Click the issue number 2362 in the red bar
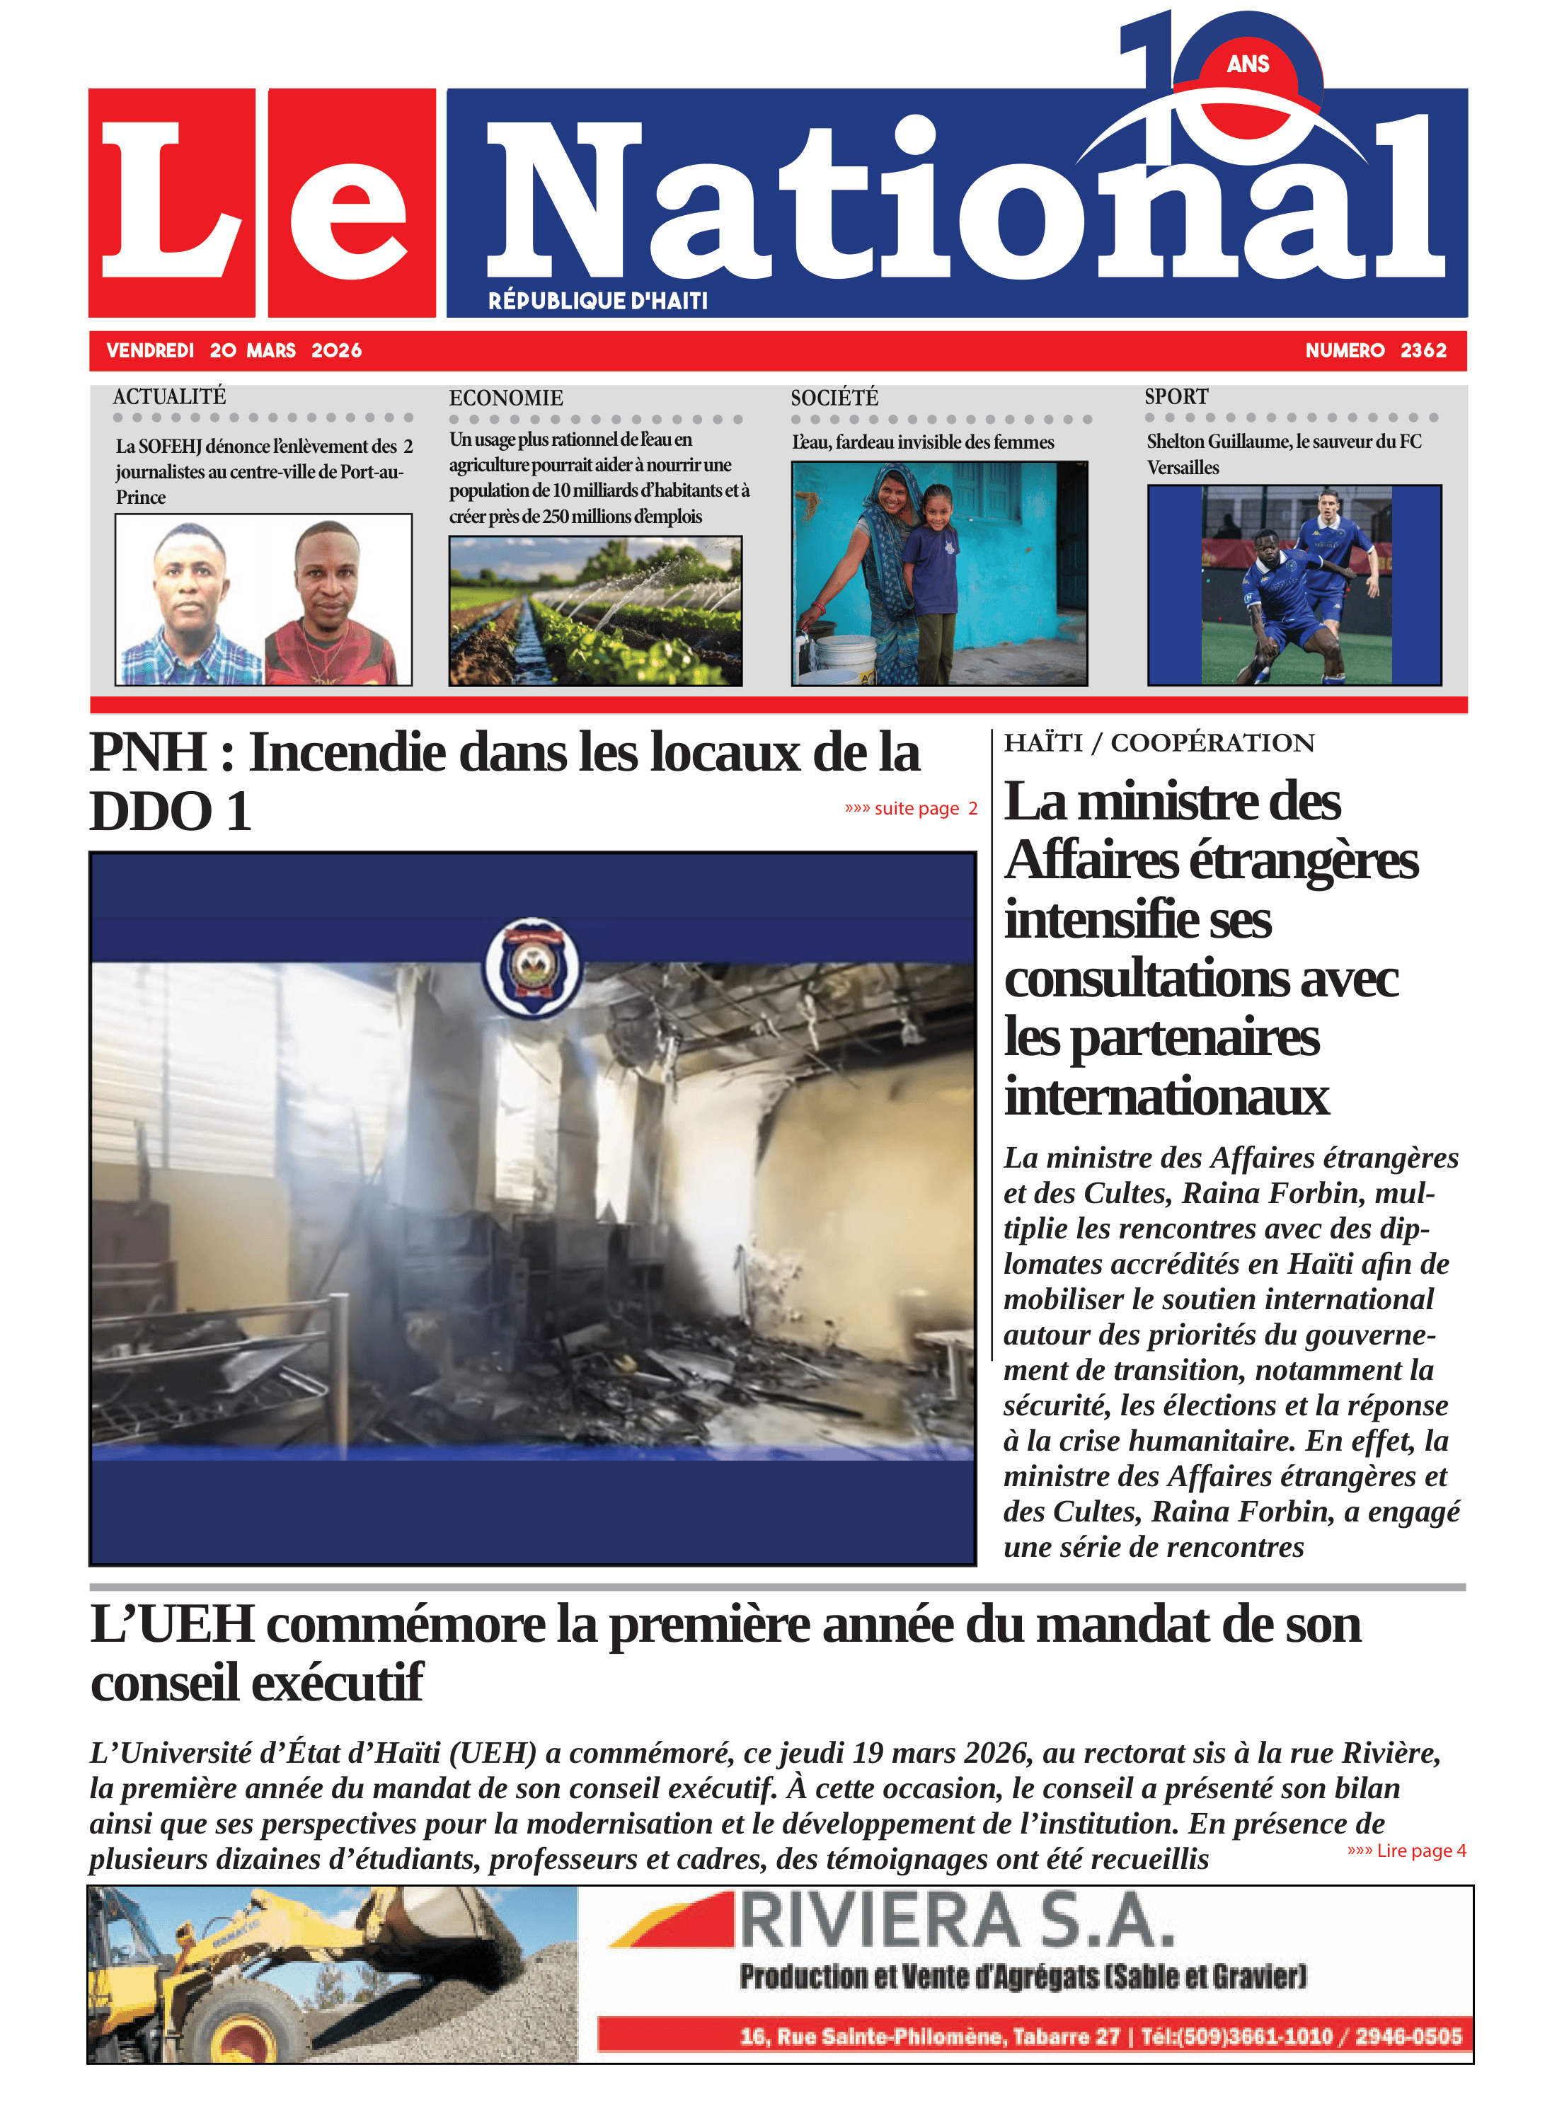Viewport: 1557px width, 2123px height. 1423,350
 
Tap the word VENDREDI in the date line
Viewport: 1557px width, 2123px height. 150,350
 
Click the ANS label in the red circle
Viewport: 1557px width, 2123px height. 1248,64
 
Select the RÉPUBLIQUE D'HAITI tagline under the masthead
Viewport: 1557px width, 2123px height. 597,301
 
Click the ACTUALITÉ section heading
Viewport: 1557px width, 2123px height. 170,397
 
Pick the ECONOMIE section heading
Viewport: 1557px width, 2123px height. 506,398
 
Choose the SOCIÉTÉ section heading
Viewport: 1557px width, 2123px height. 834,398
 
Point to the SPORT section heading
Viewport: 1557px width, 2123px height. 1176,397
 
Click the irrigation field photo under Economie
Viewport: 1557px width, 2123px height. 594,611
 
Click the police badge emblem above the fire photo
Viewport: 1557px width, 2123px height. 532,968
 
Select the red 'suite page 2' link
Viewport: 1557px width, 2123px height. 910,808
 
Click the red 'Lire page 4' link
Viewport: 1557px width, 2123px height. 1406,1851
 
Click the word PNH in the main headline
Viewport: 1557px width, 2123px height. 148,752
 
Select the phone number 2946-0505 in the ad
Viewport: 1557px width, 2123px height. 1408,2036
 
